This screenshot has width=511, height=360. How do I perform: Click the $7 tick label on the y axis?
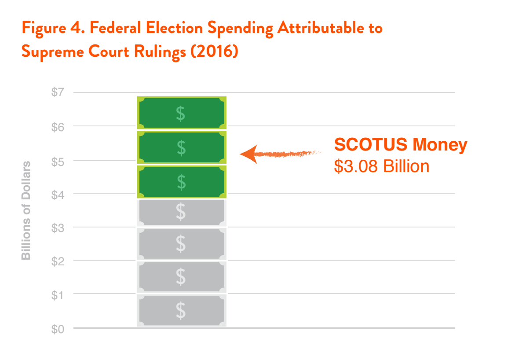[58, 92]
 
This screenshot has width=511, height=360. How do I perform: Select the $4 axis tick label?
[58, 194]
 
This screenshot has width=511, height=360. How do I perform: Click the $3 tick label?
[58, 228]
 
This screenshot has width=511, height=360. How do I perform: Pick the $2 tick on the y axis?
[58, 261]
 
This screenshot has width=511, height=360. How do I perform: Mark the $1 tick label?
[58, 295]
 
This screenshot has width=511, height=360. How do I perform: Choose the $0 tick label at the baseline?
[58, 329]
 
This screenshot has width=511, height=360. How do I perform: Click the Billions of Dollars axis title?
[26, 210]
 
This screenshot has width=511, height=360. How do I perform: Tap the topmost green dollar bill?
[182, 113]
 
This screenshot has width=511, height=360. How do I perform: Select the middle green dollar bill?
[182, 147]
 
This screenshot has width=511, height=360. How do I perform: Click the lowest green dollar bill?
[182, 181]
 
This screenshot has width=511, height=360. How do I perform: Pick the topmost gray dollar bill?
[182, 213]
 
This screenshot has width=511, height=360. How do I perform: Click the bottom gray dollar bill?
[182, 311]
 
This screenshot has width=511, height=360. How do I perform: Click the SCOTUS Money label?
[400, 145]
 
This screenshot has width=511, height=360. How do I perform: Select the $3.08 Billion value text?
[381, 166]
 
